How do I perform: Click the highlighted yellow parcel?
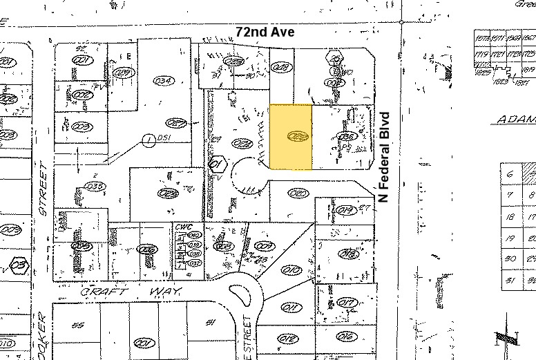coord(290,137)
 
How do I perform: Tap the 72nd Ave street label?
coord(255,32)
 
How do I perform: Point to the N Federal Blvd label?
coord(385,157)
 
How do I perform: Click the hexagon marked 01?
coord(217,164)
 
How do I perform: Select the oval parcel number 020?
coord(298,193)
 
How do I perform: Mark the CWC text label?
coord(182,225)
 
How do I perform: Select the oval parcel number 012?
coord(289,338)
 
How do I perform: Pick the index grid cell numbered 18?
coord(510,217)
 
